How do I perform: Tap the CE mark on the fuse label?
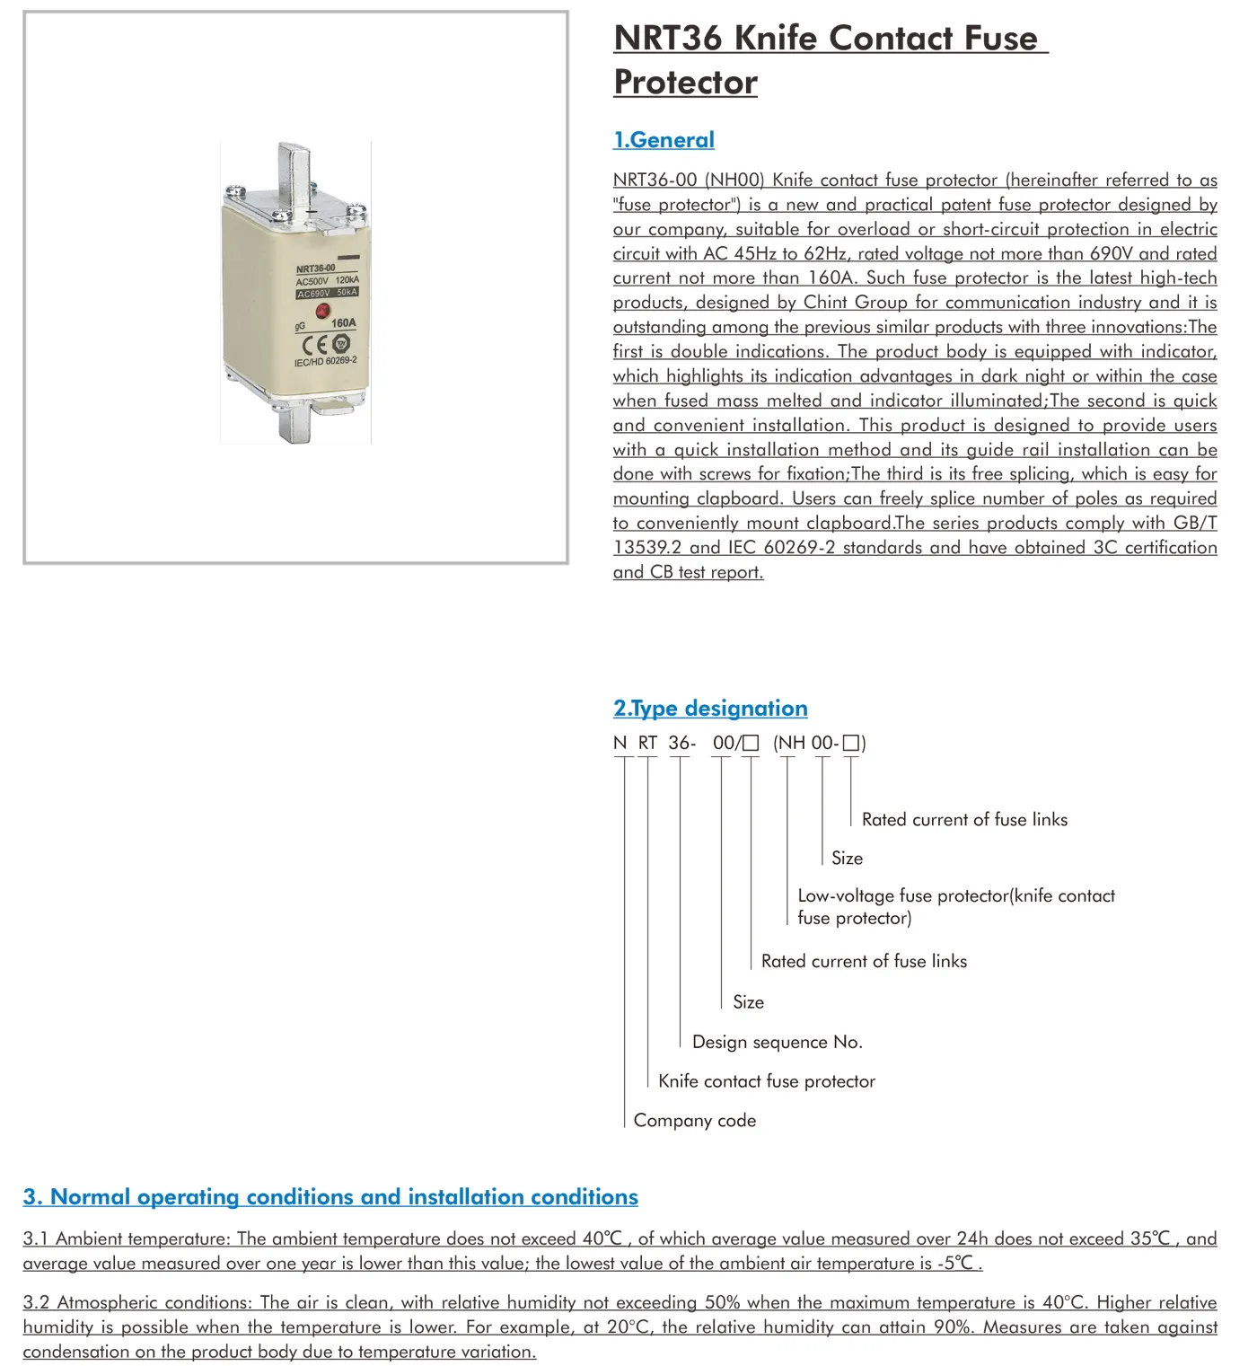tap(314, 345)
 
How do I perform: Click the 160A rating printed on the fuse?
tap(343, 322)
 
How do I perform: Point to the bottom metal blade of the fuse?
tap(295, 422)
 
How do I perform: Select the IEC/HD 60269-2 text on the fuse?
tap(325, 362)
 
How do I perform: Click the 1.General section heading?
tap(664, 140)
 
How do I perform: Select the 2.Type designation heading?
tap(710, 709)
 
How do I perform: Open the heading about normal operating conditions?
tap(330, 1197)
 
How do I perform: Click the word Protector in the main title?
tap(686, 83)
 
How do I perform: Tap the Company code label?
tap(695, 1121)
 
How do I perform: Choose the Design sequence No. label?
tap(778, 1043)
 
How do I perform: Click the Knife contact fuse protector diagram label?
tap(767, 1081)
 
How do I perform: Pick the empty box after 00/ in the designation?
tap(752, 744)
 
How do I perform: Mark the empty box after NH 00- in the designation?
tap(851, 744)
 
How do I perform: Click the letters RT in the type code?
tap(647, 744)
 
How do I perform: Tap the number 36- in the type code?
tap(681, 744)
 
